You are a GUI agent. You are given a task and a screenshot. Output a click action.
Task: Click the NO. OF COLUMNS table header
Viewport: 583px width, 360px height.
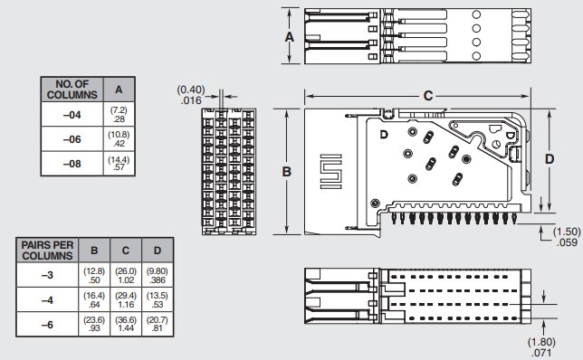(x=72, y=89)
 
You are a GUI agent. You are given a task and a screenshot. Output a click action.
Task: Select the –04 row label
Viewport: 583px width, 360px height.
(x=72, y=114)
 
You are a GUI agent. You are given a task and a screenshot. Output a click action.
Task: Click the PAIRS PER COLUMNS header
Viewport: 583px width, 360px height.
(x=47, y=251)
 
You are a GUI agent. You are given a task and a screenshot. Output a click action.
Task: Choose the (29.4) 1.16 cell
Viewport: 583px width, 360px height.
(x=127, y=299)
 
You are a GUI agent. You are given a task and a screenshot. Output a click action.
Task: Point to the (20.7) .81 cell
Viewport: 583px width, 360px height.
(x=158, y=324)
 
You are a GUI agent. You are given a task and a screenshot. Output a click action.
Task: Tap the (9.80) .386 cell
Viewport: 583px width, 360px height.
(x=158, y=275)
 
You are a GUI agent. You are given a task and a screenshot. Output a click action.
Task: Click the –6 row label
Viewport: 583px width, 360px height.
(x=47, y=324)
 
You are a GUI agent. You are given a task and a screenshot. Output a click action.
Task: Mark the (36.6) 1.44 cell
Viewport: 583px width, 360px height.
(x=127, y=324)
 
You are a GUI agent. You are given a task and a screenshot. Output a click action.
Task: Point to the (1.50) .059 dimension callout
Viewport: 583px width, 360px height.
(x=566, y=237)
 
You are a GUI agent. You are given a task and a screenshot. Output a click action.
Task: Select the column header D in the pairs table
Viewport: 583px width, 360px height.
(x=158, y=251)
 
